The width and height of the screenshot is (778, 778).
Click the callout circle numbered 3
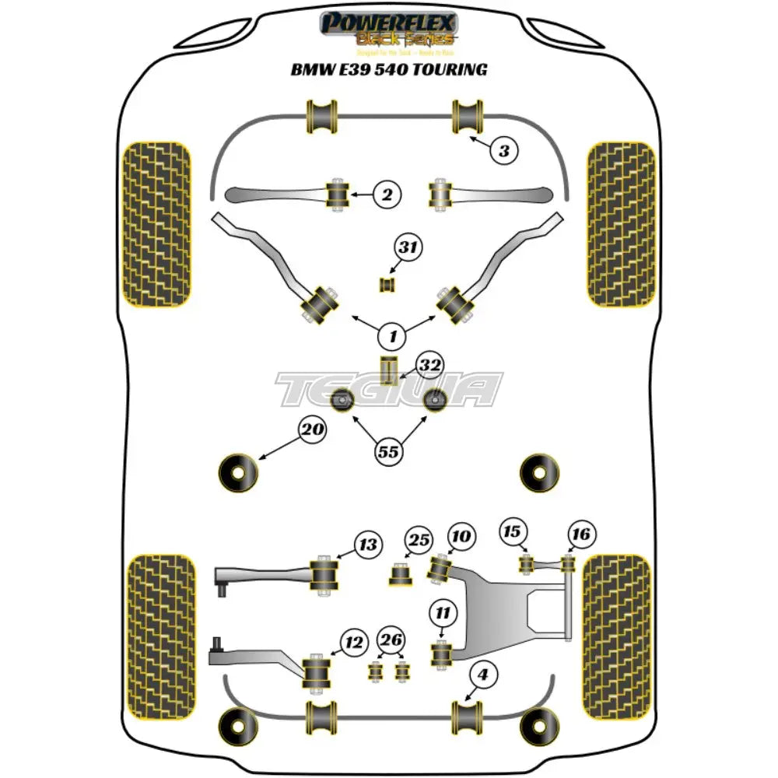[504, 151]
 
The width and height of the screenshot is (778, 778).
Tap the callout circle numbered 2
[386, 194]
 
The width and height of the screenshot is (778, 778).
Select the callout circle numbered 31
[408, 249]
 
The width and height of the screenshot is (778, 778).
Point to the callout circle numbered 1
[393, 337]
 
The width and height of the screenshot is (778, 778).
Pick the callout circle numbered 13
[368, 545]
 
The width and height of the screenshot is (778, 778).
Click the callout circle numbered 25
[419, 540]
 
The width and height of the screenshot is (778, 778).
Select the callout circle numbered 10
[461, 536]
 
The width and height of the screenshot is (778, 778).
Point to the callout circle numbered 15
[511, 531]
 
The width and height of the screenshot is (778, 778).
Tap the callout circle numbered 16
[582, 534]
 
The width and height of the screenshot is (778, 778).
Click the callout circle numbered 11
[442, 614]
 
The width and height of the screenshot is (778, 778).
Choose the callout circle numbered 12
[354, 643]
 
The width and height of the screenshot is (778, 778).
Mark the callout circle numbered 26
[391, 640]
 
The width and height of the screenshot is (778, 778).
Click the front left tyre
[157, 224]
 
